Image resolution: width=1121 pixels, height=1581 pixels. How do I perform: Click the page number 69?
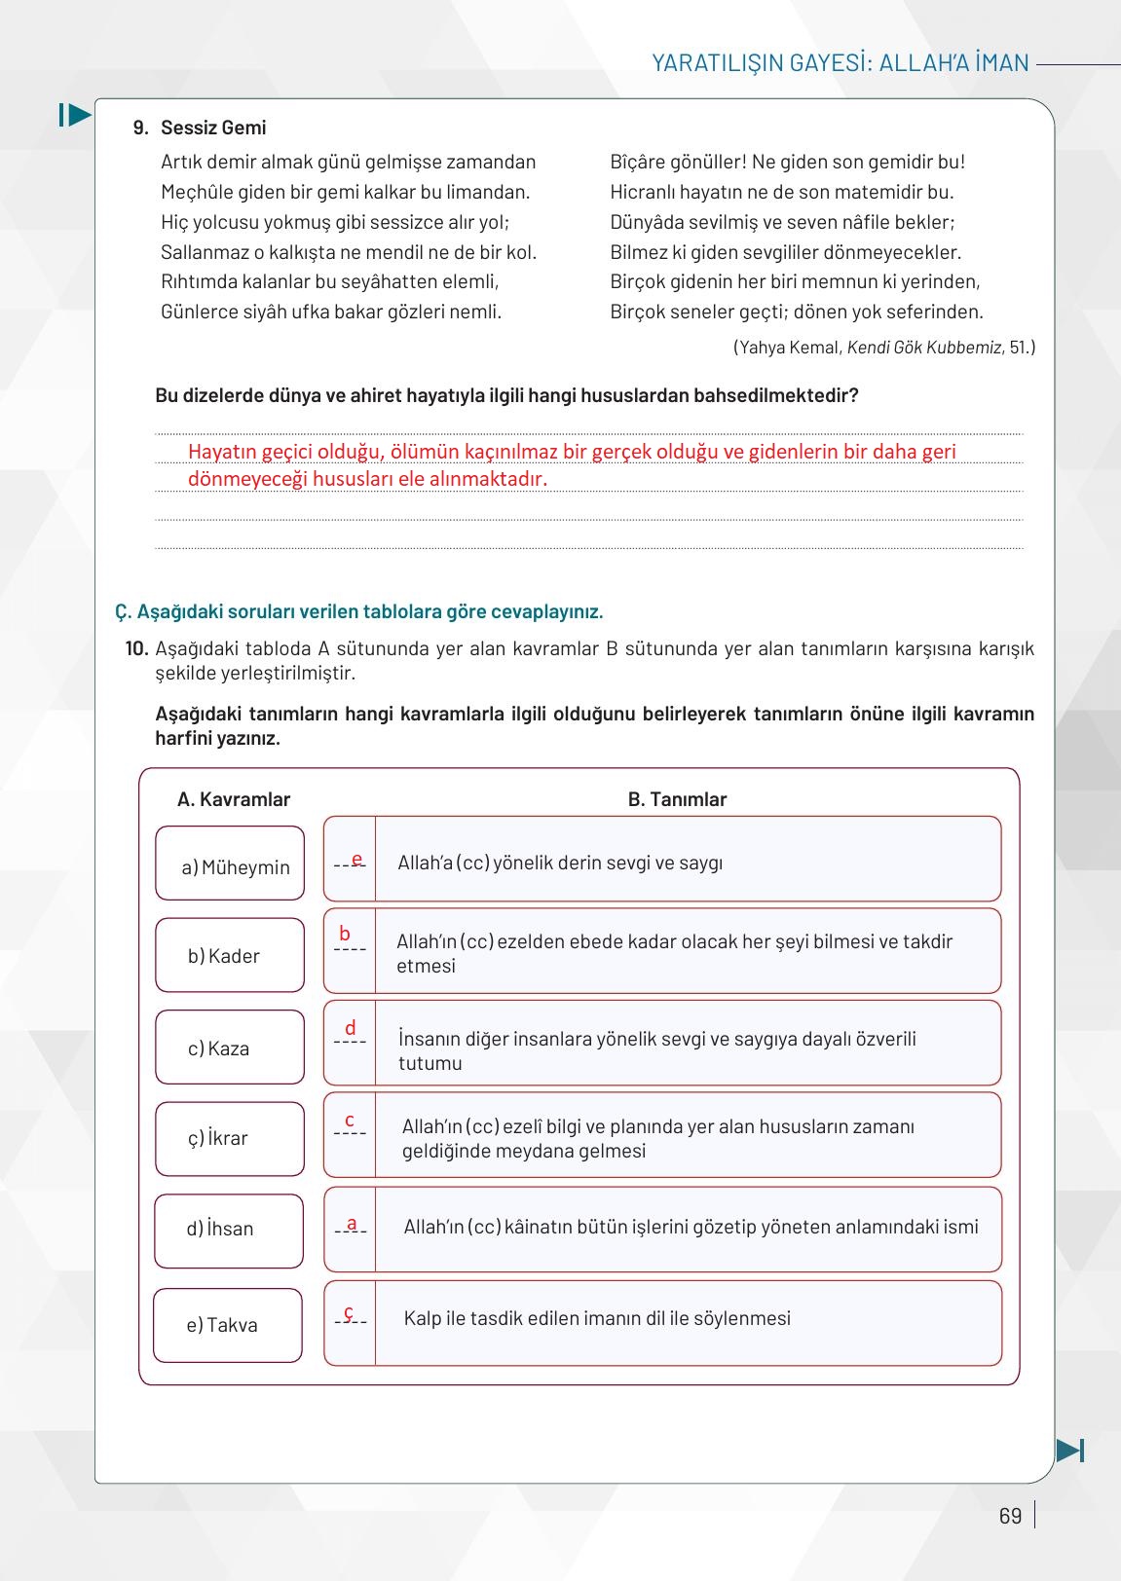1010,1516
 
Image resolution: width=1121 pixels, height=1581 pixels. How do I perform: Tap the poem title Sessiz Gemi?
213,128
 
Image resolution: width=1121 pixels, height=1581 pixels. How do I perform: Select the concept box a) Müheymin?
230,864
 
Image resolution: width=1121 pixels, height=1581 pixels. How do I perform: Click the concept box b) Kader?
230,955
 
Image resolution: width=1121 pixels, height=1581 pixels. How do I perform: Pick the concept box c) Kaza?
230,1048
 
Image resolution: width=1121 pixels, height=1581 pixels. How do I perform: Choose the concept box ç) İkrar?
230,1138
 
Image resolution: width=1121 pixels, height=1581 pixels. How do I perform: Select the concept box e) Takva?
228,1325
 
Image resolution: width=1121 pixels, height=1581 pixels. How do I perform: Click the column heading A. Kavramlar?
234,799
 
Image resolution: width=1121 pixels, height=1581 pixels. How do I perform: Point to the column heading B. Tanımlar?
677,799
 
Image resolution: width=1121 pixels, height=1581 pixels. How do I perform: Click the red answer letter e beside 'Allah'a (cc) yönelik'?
356,859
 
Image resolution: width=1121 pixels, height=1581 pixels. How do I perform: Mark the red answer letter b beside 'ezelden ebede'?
345,934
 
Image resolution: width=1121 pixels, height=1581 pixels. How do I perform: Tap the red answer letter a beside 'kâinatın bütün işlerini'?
352,1224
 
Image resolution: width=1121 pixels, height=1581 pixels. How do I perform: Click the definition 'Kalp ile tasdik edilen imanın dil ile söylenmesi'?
597,1318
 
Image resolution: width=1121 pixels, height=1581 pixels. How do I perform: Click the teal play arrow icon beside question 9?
75,115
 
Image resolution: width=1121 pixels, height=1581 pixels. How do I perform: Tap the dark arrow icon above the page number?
1069,1450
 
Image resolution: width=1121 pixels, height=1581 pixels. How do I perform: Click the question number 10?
136,648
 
